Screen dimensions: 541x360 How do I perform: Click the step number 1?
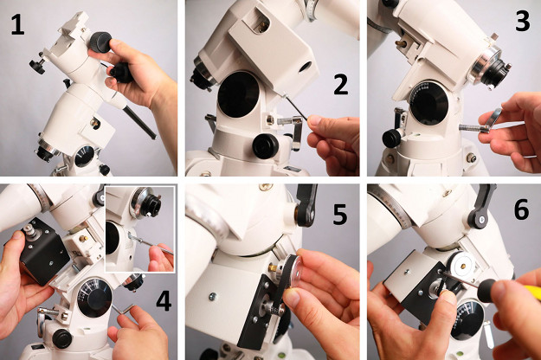coord(17,25)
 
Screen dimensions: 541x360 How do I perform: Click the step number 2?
coord(340,85)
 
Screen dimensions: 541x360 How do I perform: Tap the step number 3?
coord(522,21)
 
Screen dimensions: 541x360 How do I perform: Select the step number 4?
coord(164,301)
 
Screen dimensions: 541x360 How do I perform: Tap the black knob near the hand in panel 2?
coord(266,146)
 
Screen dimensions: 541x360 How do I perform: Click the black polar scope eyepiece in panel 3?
coord(497,73)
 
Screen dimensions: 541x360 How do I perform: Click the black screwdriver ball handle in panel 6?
coord(487,291)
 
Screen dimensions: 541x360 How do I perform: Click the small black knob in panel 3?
coord(392,138)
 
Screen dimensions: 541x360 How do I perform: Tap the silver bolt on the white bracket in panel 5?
coord(213,295)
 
